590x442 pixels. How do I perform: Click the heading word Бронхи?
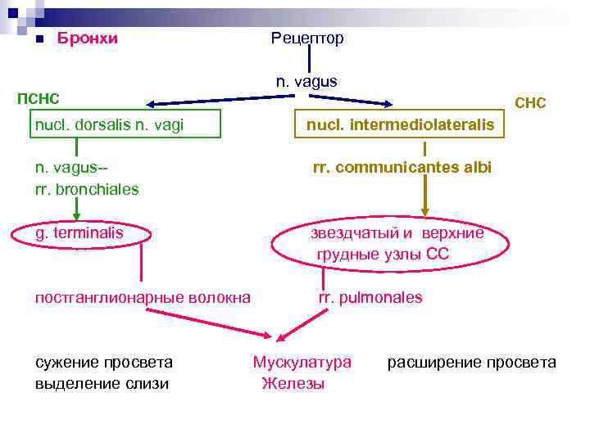(x=87, y=38)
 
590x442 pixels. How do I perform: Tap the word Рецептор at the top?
(x=307, y=38)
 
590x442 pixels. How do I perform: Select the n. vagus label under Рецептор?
(x=306, y=81)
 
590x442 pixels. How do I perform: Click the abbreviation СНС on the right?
(x=529, y=104)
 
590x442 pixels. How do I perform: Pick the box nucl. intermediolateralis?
(x=401, y=124)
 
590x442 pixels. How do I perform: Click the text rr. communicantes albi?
(x=402, y=168)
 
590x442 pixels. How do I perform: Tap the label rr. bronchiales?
(x=87, y=189)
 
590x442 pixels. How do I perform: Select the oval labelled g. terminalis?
(x=80, y=233)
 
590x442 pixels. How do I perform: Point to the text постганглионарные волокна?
(x=143, y=297)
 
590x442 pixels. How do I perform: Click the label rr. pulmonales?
(x=370, y=297)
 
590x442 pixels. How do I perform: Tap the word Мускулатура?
(x=302, y=362)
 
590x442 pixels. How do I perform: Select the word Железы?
(x=293, y=383)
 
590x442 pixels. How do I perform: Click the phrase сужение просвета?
(x=104, y=362)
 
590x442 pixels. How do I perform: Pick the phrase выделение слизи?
(x=102, y=383)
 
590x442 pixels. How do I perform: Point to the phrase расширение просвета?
(x=471, y=362)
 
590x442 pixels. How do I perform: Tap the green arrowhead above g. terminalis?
(x=76, y=218)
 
